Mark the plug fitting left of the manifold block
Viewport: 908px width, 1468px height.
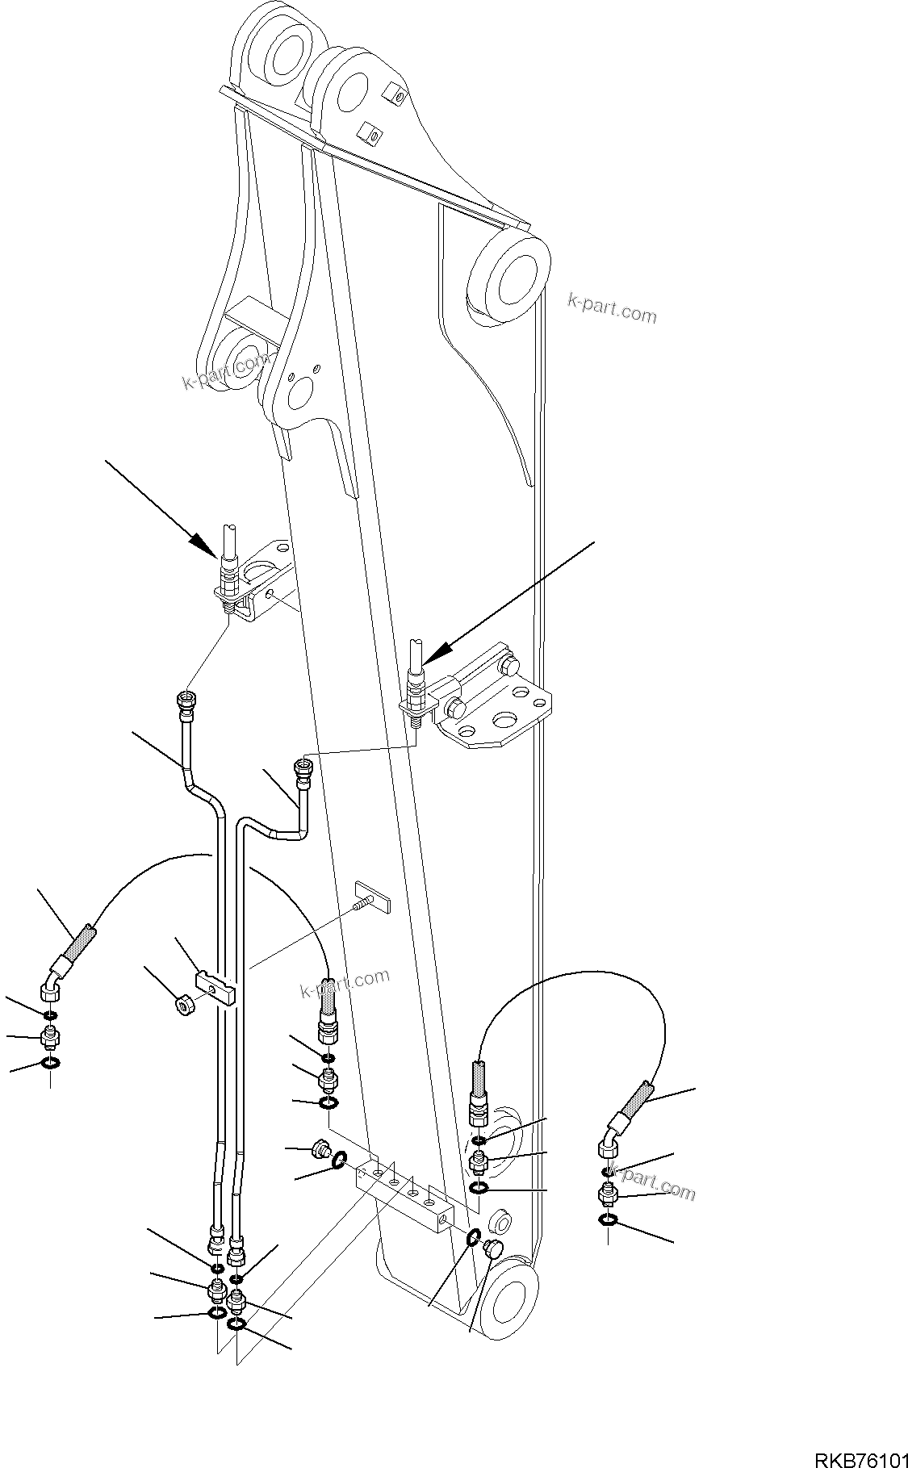point(320,1148)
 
